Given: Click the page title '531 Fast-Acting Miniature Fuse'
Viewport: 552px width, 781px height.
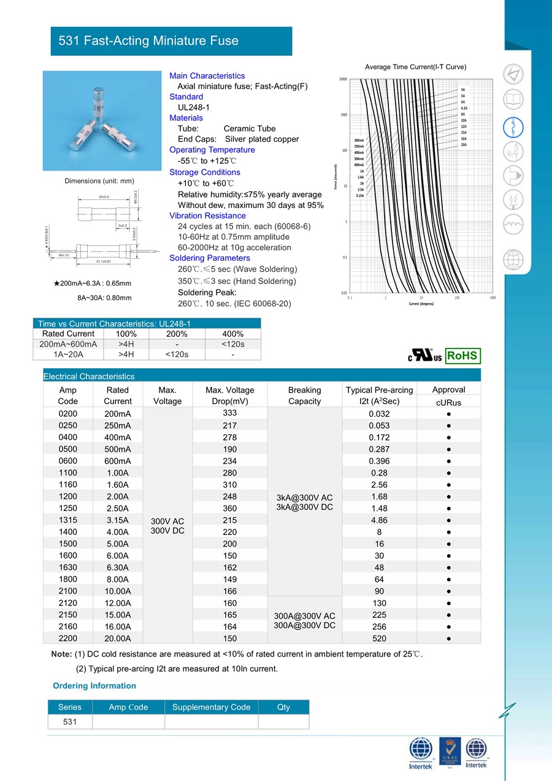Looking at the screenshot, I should coord(148,41).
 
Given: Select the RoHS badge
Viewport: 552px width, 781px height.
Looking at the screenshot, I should coord(462,356).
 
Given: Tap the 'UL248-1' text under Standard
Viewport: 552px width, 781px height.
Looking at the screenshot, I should coord(194,107).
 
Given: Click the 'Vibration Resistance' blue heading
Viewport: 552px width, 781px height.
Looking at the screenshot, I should coord(207,215).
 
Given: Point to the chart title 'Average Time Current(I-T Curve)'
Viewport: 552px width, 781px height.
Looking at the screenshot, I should coord(415,66).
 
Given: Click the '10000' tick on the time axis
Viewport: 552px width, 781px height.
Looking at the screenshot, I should coord(343,80).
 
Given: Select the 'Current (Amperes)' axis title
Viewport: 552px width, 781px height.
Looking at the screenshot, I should coord(421,304).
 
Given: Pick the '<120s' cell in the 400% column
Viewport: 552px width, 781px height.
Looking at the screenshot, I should coord(233,344).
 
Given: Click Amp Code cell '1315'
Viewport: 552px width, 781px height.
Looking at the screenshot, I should coord(67,520).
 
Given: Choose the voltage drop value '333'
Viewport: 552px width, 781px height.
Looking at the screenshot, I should coord(230,413).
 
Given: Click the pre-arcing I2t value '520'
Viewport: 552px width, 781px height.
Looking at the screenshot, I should coord(380,639).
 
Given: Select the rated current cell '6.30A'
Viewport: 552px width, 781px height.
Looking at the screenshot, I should coord(117,567).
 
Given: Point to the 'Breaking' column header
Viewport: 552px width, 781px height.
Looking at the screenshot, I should coord(304,390).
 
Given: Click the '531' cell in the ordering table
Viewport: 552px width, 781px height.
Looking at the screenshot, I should coord(70,721).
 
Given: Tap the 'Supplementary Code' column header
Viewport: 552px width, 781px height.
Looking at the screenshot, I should coord(211,707).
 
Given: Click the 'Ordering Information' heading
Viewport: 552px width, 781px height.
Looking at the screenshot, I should coord(94,685).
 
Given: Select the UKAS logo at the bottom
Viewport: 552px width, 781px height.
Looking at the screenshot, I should coord(450,752).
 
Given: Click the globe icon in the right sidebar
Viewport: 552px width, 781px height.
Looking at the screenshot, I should coord(513,260).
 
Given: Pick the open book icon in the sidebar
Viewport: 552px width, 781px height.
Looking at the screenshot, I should coord(513,99).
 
